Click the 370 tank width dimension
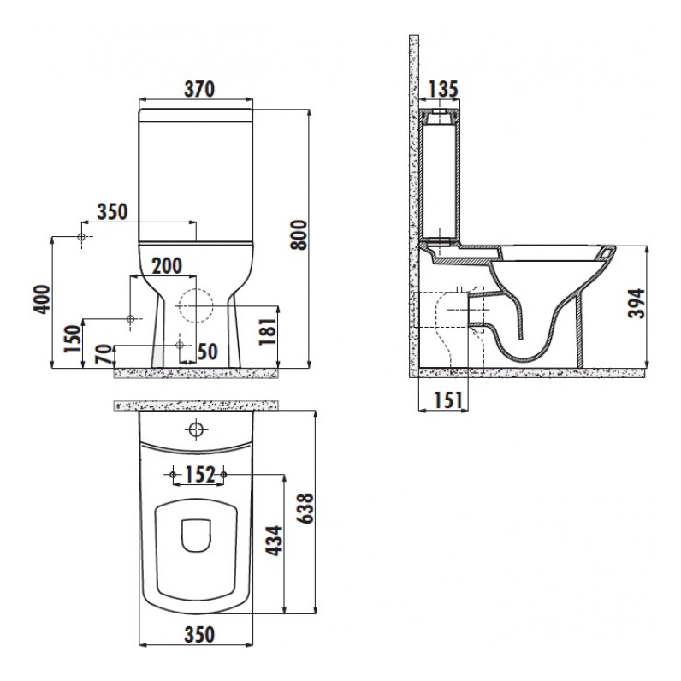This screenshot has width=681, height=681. pyautogui.click(x=199, y=89)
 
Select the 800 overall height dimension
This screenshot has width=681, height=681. pyautogui.click(x=299, y=235)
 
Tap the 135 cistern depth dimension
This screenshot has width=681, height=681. pyautogui.click(x=443, y=89)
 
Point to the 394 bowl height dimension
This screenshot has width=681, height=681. pyautogui.click(x=637, y=303)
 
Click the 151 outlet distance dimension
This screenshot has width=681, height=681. pyautogui.click(x=448, y=400)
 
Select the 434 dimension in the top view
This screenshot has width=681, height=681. pyautogui.click(x=274, y=541)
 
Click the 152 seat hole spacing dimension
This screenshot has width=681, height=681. pyautogui.click(x=200, y=475)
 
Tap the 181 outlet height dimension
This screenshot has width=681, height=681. pyautogui.click(x=268, y=331)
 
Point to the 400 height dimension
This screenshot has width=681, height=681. pyautogui.click(x=42, y=299)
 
